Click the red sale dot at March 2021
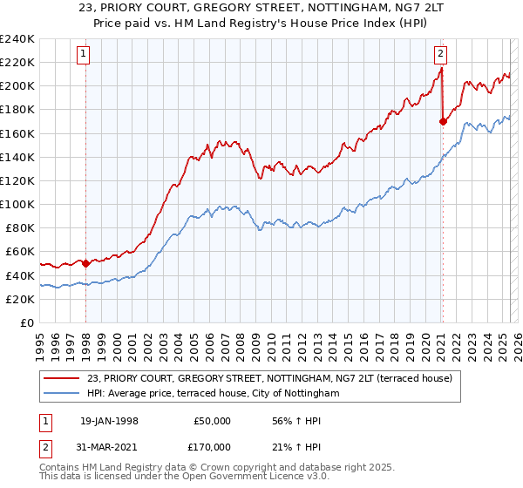point(443,121)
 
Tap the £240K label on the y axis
point(17,39)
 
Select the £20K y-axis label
point(20,299)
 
